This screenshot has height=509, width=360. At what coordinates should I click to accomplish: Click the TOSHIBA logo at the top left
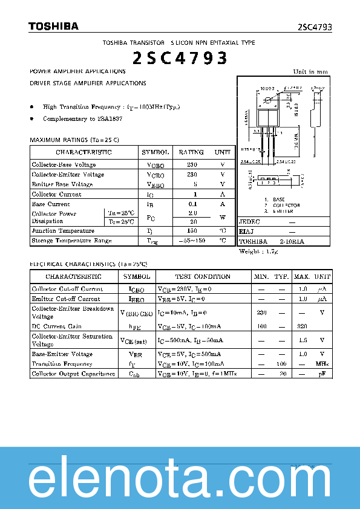[x=53, y=27]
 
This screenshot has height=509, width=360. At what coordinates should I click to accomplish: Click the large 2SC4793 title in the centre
[x=180, y=58]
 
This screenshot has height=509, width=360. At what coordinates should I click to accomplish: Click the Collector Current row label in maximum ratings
[x=56, y=194]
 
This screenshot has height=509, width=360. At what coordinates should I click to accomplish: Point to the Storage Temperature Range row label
[x=71, y=241]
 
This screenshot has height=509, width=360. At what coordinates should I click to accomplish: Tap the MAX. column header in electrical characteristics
[x=301, y=276]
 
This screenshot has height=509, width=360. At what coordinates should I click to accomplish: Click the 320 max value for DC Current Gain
[x=301, y=326]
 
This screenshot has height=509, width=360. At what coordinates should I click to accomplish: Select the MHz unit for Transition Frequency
[x=322, y=364]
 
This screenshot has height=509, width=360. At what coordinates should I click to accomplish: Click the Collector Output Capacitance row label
[x=73, y=374]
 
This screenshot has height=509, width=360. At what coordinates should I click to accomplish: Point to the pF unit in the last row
[x=322, y=374]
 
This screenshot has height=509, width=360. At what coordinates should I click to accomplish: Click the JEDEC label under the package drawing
[x=249, y=222]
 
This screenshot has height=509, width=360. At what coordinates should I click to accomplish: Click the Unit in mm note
[x=310, y=72]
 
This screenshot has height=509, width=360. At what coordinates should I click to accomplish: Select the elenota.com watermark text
[x=180, y=481]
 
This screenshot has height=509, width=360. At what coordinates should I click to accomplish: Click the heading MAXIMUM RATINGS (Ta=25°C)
[x=74, y=140]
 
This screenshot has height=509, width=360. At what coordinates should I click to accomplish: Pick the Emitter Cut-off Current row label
[x=66, y=299]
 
